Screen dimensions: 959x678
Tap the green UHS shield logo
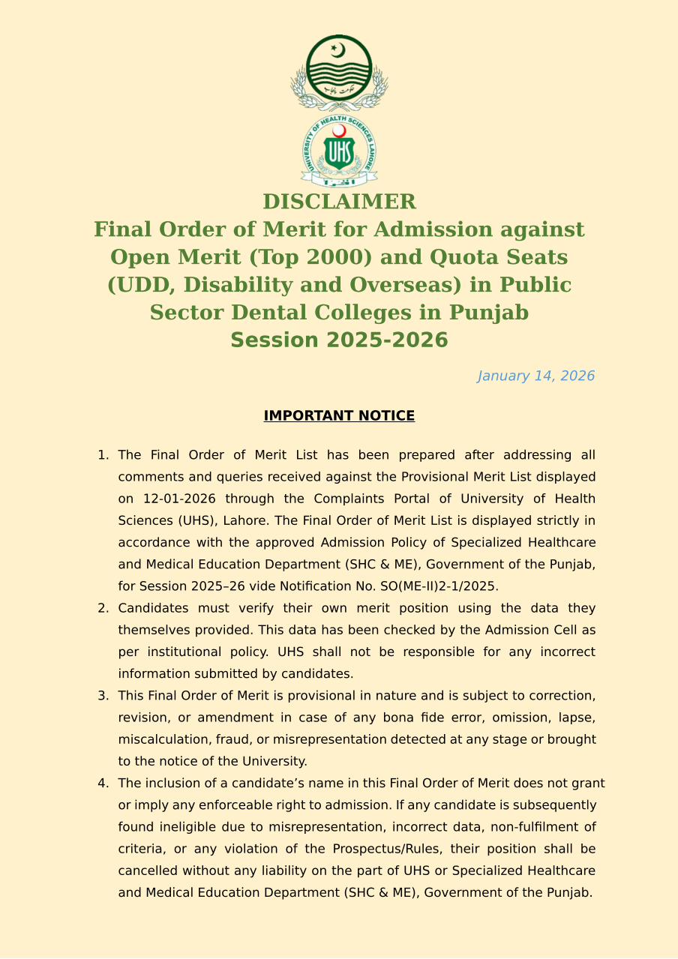click(339, 151)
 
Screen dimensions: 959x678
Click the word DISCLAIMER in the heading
click(339, 202)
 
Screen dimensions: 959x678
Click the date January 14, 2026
click(535, 376)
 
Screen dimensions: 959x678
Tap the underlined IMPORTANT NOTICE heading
click(339, 415)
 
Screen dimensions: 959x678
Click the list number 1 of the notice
click(103, 455)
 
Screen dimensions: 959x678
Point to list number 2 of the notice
click(103, 608)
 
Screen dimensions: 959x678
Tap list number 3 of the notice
click(103, 696)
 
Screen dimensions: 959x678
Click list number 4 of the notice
click(103, 784)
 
